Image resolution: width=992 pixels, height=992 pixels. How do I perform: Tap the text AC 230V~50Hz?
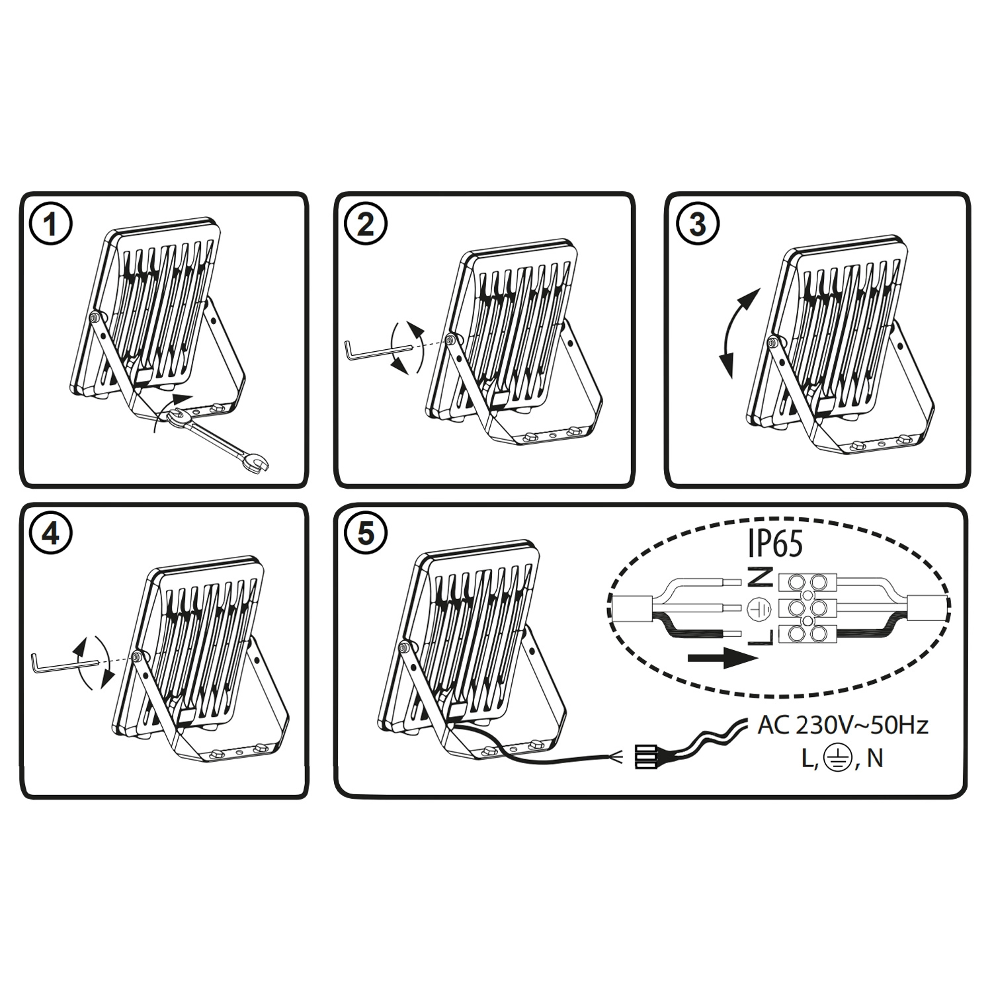click(843, 725)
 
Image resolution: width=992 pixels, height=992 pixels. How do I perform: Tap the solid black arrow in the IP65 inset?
click(722, 659)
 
